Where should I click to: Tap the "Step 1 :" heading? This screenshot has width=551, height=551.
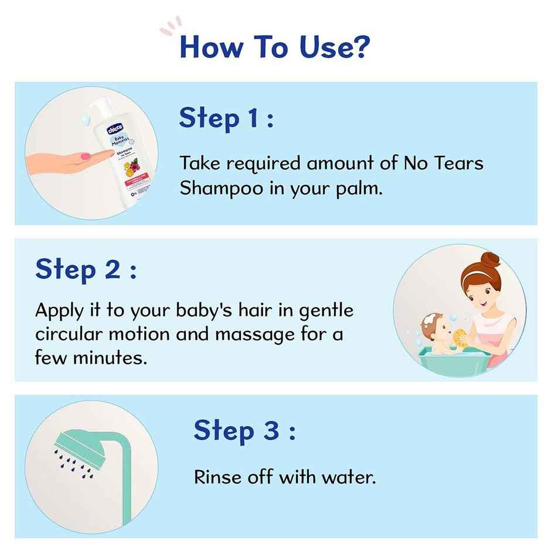pyautogui.click(x=226, y=118)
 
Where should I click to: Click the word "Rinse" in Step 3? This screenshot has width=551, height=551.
pyautogui.click(x=218, y=477)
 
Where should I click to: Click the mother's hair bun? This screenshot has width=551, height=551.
pyautogui.click(x=491, y=259)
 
